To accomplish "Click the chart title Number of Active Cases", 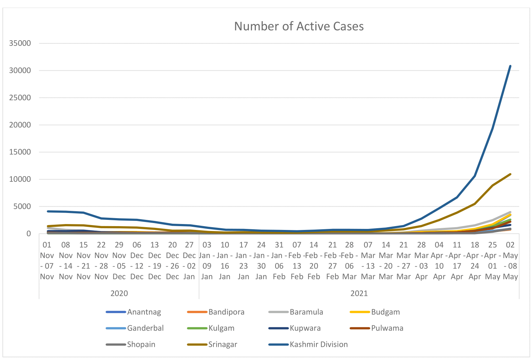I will (299, 26).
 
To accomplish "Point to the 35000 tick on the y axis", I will (20, 43).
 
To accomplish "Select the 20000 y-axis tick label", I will (20, 125).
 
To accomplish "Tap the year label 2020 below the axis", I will (119, 293).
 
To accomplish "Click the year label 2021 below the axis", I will (359, 293).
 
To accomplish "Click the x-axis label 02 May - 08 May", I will (510, 261).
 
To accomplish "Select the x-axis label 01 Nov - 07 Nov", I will (47, 261).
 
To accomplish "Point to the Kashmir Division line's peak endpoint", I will (510, 66).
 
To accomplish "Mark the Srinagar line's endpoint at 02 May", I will (510, 174).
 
